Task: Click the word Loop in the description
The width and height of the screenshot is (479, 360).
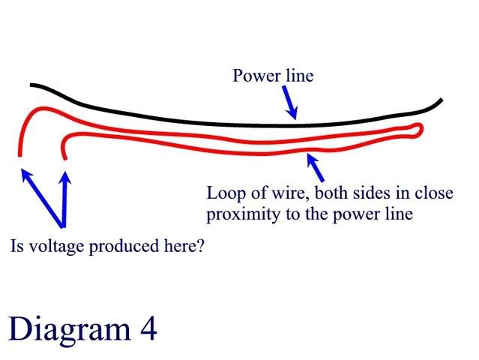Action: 223,193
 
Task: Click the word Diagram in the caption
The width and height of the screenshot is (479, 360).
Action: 63,328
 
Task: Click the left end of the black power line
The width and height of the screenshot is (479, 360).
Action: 31,85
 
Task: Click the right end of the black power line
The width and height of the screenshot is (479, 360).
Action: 442,100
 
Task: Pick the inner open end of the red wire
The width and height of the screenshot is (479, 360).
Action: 64,157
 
